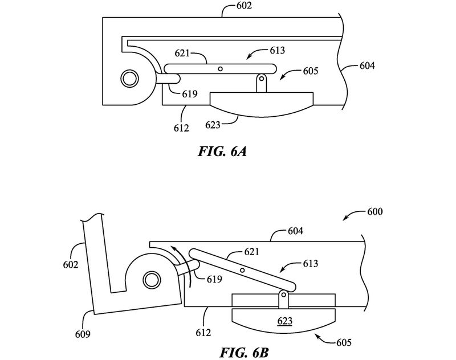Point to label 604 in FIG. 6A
pyautogui.click(x=367, y=66)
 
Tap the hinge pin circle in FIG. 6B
pyautogui.click(x=151, y=280)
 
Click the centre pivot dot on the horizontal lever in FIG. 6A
pyautogui.click(x=220, y=69)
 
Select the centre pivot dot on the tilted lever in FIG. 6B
pyautogui.click(x=243, y=269)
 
